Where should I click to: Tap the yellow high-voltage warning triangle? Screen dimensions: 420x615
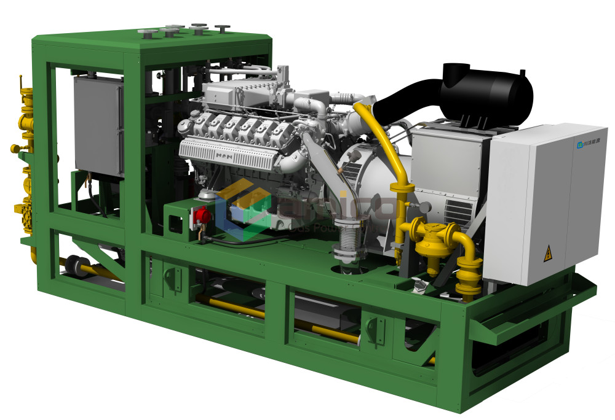[547, 253]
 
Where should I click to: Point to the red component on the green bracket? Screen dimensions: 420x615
[203, 215]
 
